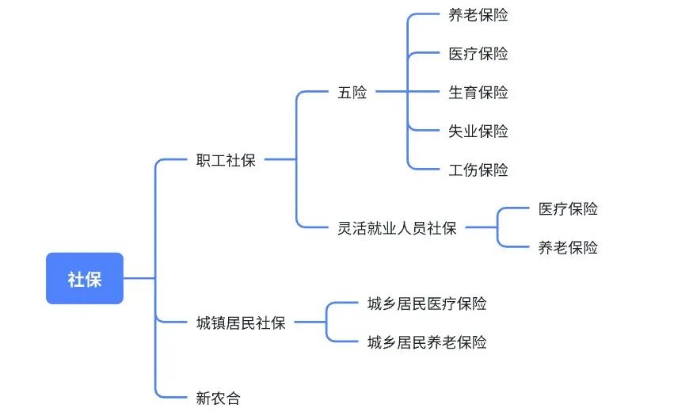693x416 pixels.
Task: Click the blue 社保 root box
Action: [x=84, y=278]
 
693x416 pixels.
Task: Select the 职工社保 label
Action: [x=226, y=161]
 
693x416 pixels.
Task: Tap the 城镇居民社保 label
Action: [x=240, y=322]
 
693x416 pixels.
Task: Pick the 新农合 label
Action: [x=218, y=399]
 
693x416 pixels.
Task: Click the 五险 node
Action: [x=352, y=93]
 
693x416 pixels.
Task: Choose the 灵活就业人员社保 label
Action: [x=397, y=229]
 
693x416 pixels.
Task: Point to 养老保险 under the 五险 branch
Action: [x=478, y=15]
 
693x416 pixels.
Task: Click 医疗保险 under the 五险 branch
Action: [x=478, y=54]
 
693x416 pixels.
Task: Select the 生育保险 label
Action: [x=478, y=93]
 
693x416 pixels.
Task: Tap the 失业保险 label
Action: [x=478, y=132]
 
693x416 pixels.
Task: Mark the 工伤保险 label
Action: [x=478, y=170]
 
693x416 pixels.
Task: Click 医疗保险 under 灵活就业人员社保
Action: [x=568, y=209]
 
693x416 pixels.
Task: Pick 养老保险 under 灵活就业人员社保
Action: [x=568, y=248]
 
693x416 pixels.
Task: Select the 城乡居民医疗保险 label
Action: [x=427, y=303]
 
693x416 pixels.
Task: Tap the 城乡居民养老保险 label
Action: [x=427, y=342]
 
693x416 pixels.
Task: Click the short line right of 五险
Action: [x=390, y=93]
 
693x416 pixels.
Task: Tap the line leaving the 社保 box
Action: [x=139, y=278]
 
